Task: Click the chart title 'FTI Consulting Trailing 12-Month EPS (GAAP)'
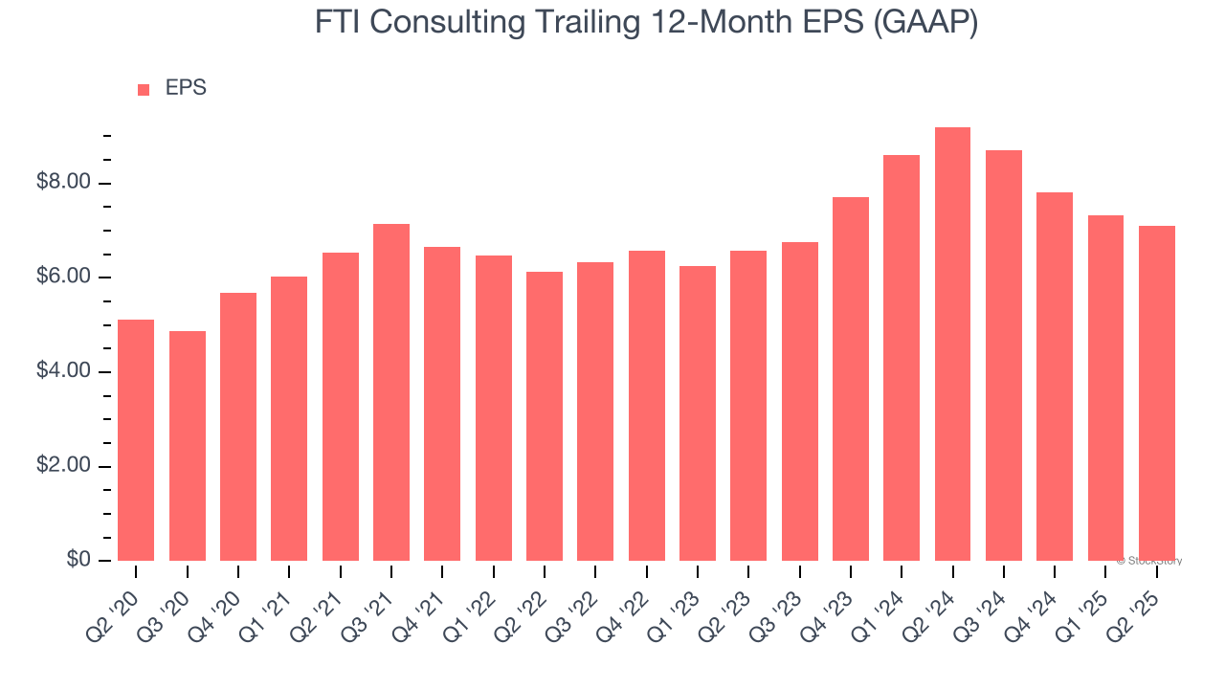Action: [x=646, y=22]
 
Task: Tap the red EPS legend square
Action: [x=144, y=89]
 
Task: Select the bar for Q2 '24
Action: [x=952, y=344]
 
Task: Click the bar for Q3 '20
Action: [x=188, y=446]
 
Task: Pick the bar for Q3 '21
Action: [x=391, y=392]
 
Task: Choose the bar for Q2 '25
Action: [x=1156, y=393]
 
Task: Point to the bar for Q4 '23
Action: [x=851, y=379]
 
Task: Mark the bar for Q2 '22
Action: [x=545, y=416]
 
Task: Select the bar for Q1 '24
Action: [x=902, y=358]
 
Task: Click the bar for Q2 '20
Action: [x=136, y=440]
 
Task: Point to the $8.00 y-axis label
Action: [x=63, y=183]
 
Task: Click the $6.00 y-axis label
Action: [x=63, y=278]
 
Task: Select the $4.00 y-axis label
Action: [x=63, y=371]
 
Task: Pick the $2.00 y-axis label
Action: [x=63, y=466]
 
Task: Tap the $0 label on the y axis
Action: [x=78, y=560]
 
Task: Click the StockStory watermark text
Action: [x=1148, y=561]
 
